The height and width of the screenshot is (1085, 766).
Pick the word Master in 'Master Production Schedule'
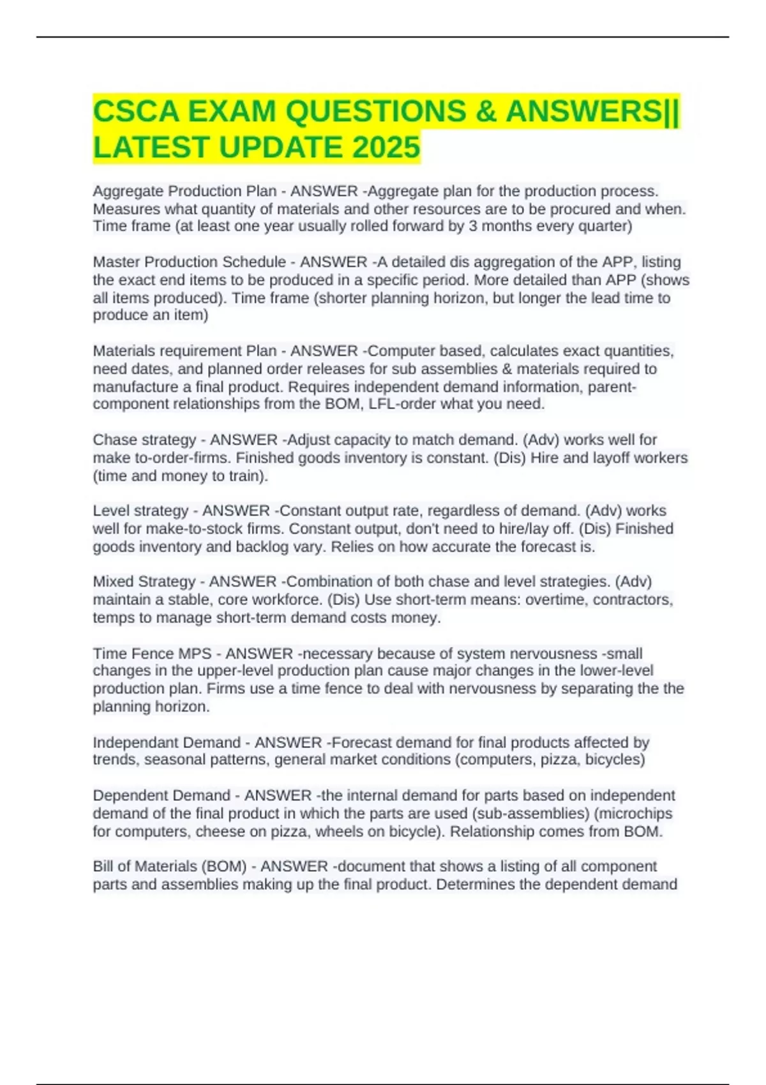(115, 262)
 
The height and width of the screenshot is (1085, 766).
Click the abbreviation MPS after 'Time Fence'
(195, 653)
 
